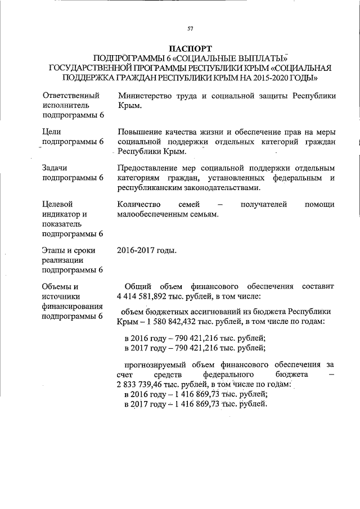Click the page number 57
coord(190,29)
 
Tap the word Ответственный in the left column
coord(71,96)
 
